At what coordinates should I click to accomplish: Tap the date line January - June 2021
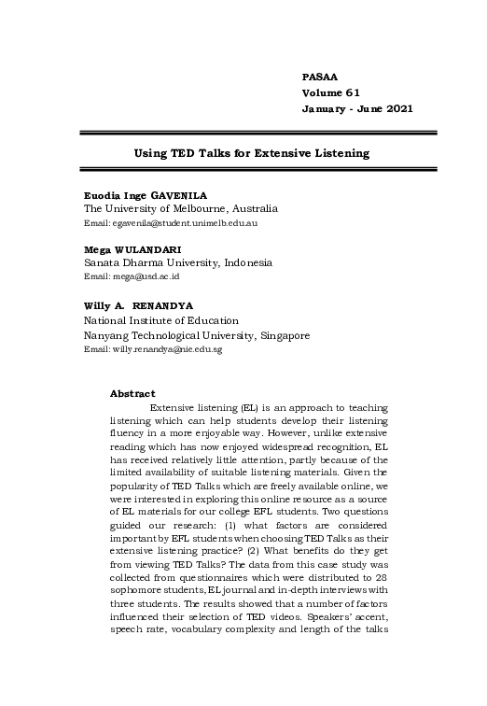[x=357, y=109]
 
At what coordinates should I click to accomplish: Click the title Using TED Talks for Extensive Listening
[x=252, y=151]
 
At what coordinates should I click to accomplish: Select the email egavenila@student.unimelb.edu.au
[x=171, y=224]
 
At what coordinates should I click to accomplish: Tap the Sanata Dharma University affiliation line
[x=178, y=263]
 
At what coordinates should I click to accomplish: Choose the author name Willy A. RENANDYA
[x=146, y=305]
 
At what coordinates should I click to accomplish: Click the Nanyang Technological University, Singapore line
[x=197, y=334]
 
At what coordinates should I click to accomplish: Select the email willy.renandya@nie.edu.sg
[x=153, y=349]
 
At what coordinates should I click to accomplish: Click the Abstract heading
[x=132, y=393]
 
